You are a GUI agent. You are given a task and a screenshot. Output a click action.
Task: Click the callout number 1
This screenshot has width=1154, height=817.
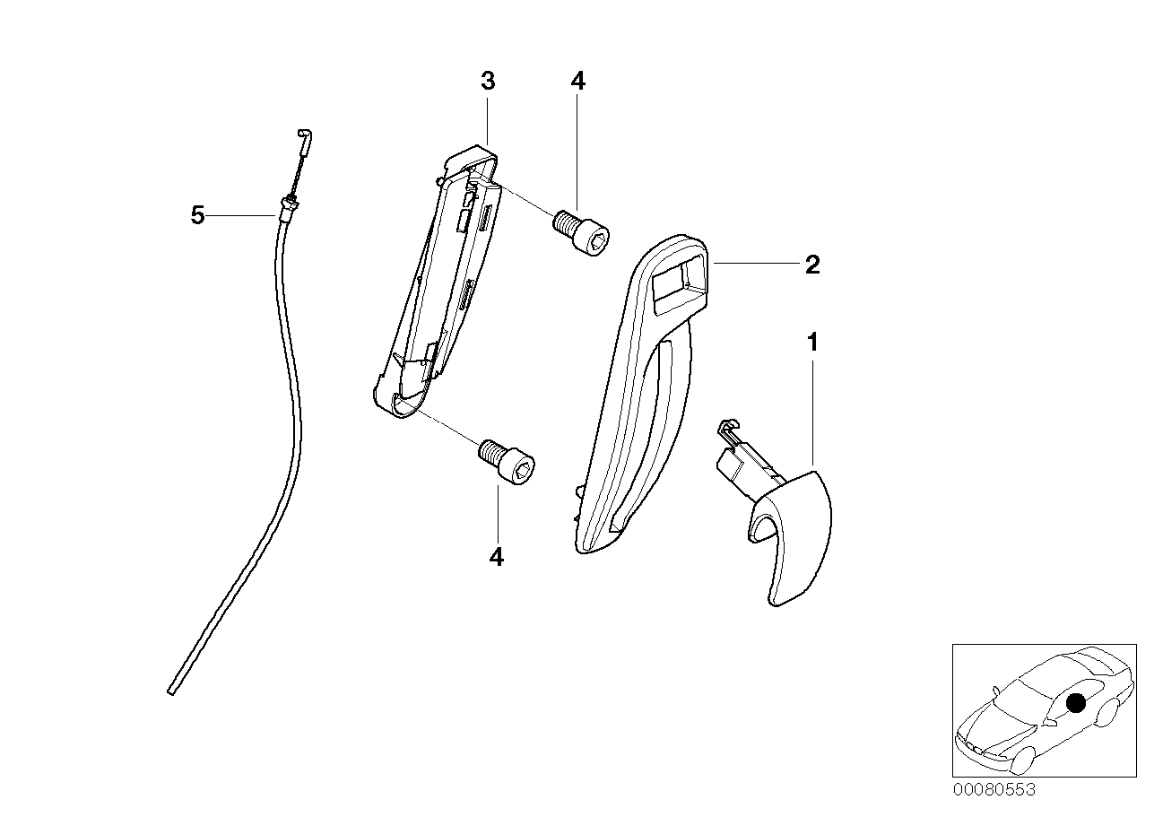coord(812,343)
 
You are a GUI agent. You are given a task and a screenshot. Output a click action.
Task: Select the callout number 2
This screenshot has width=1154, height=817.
coord(811,265)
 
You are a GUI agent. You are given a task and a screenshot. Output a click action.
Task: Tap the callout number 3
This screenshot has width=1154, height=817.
coord(487,82)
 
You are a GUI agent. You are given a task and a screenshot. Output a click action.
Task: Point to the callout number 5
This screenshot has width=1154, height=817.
coord(197,216)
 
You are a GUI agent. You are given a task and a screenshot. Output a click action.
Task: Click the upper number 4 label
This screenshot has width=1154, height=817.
coord(577,82)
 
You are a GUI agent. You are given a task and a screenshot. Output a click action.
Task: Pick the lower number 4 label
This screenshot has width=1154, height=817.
coord(496,557)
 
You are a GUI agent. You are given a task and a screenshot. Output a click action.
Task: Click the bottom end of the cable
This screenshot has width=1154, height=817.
coord(171,690)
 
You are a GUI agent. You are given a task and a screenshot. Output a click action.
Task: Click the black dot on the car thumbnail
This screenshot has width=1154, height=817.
coord(1076,704)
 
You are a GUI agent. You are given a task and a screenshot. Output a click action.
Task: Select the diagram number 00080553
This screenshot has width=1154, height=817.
coord(993,789)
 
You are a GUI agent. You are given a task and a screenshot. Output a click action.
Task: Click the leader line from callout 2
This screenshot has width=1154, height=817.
coord(754,264)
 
